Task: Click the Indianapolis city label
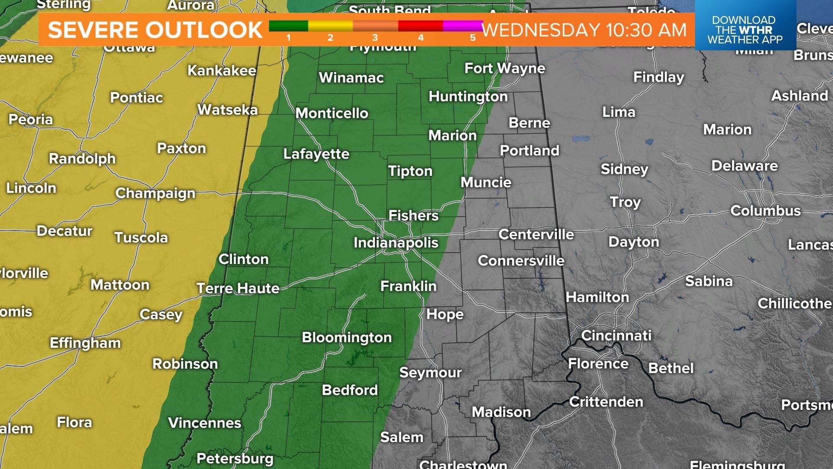[x=396, y=242]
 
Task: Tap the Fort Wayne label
[x=505, y=68]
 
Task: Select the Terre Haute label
[x=238, y=288]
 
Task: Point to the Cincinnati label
[x=616, y=335]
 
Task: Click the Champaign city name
[x=155, y=193]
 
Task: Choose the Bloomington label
[x=347, y=337]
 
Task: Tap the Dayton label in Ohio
[x=633, y=242]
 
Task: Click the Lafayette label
[x=316, y=154]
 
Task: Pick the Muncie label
[x=486, y=182]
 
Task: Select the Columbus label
[x=765, y=211]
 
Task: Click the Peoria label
[x=31, y=119]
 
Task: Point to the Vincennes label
[x=204, y=423]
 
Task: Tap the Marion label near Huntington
[x=453, y=135]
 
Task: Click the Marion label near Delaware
[x=727, y=129]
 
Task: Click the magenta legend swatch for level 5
[x=462, y=26]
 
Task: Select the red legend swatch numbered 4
[x=420, y=26]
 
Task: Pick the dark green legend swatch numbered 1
[x=289, y=26]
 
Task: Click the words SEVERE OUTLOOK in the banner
[x=155, y=30]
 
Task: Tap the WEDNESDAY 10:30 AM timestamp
[x=584, y=30]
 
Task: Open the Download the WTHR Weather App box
[x=745, y=30]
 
